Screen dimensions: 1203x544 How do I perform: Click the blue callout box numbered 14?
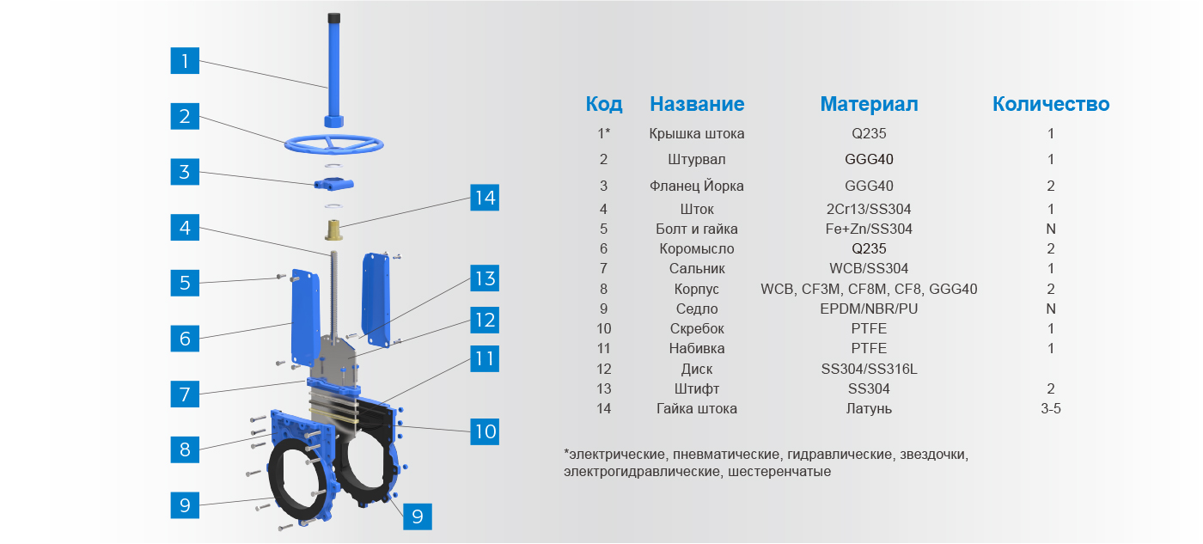(x=485, y=198)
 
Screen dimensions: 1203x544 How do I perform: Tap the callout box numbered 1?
(x=185, y=61)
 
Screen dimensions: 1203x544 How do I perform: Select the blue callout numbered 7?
(x=185, y=394)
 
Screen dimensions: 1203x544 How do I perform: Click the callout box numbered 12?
(x=485, y=320)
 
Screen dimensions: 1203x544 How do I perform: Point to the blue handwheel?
(x=333, y=144)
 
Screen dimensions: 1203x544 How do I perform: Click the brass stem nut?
(x=333, y=229)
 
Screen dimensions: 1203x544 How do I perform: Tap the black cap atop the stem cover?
(x=333, y=18)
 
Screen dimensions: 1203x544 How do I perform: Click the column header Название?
(x=697, y=104)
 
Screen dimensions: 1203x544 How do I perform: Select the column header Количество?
(x=1050, y=104)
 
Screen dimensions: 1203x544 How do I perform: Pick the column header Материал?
(x=869, y=104)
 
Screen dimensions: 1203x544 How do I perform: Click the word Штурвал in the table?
(x=697, y=160)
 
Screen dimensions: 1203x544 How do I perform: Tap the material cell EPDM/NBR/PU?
(x=869, y=309)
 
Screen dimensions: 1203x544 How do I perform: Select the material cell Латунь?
(x=869, y=409)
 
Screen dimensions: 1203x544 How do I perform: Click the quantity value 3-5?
(x=1050, y=409)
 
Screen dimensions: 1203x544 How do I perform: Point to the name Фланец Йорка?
(x=697, y=186)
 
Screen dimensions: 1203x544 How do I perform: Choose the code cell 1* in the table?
(x=603, y=133)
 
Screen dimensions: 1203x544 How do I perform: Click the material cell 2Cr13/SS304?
(x=869, y=209)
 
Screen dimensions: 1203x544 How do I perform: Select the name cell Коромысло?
(x=697, y=248)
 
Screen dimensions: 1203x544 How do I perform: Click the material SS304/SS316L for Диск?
(x=869, y=369)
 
